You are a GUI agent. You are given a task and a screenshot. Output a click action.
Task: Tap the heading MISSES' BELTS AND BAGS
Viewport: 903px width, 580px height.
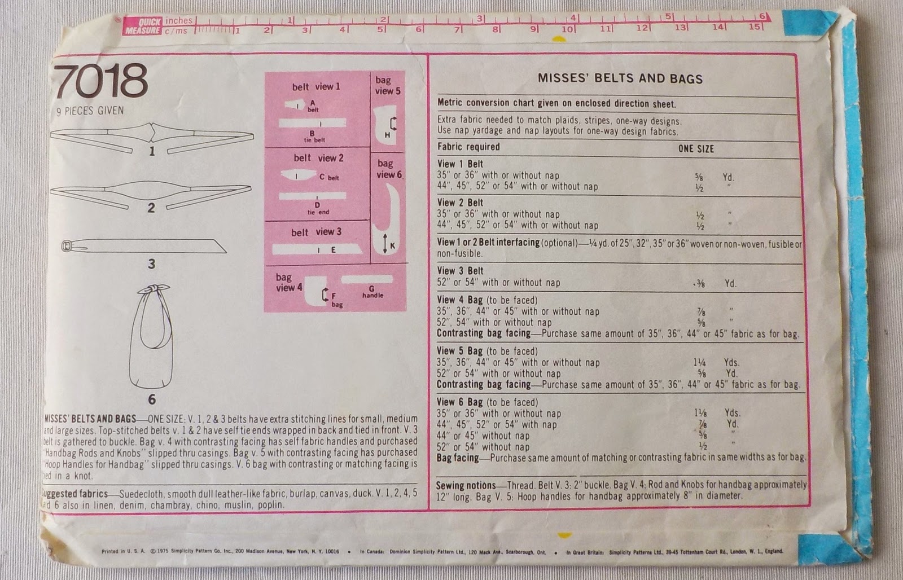(x=620, y=78)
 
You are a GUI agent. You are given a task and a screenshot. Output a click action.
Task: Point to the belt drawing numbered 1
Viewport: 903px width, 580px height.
(x=151, y=135)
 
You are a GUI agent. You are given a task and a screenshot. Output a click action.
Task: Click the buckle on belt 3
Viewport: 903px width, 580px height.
(x=67, y=246)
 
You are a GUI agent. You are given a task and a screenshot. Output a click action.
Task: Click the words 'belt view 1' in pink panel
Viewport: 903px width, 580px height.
(x=316, y=87)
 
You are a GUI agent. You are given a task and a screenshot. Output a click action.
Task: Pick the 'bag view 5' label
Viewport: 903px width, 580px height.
(x=388, y=85)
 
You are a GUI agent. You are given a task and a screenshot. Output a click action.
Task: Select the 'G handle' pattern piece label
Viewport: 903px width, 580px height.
(x=372, y=292)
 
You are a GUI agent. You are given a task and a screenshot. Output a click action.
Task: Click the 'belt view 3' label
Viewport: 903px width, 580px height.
(x=316, y=232)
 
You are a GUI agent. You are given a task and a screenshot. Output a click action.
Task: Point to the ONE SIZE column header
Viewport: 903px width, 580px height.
(x=696, y=149)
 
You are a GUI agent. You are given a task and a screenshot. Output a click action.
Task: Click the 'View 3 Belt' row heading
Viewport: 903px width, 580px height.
(x=460, y=271)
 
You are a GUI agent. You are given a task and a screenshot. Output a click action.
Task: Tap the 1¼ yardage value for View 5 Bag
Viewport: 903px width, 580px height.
(x=699, y=363)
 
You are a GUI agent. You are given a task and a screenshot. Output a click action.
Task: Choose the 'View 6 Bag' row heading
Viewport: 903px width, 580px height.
(x=459, y=402)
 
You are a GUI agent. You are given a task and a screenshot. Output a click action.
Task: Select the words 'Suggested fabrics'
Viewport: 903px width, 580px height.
(x=76, y=494)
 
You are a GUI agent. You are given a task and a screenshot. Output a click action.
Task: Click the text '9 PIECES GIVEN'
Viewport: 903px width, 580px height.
(x=90, y=111)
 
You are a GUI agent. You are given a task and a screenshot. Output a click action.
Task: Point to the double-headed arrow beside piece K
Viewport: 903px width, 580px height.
(x=384, y=244)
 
